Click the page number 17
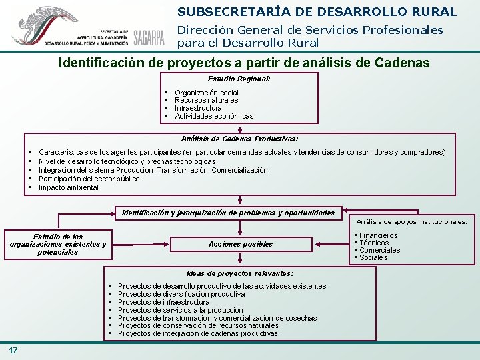pyautogui.click(x=14, y=351)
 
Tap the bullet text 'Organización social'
pyautogui.click(x=206, y=93)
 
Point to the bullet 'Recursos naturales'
pyautogui.click(x=206, y=100)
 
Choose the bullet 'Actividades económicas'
pyautogui.click(x=214, y=116)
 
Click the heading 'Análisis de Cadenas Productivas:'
pyautogui.click(x=239, y=139)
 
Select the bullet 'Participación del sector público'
pyautogui.click(x=89, y=179)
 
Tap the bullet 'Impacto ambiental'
pyautogui.click(x=69, y=187)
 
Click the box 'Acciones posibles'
pyautogui.click(x=241, y=244)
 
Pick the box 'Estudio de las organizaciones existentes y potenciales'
pyautogui.click(x=58, y=244)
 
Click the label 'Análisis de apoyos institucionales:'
pyautogui.click(x=412, y=221)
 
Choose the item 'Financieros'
pyautogui.click(x=378, y=235)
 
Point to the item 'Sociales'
pyautogui.click(x=373, y=257)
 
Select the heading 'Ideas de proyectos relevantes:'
pyautogui.click(x=240, y=273)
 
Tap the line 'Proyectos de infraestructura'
pyautogui.click(x=163, y=302)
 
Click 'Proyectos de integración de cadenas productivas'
pyautogui.click(x=198, y=333)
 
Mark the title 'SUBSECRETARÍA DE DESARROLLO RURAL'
pyautogui.click(x=317, y=11)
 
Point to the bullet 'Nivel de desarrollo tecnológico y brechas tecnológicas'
pyautogui.click(x=127, y=161)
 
